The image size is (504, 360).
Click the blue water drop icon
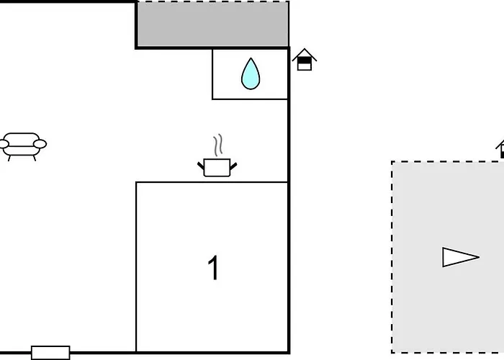[x=251, y=75]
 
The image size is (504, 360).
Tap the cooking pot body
[x=217, y=168]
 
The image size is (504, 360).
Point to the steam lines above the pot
[x=218, y=145]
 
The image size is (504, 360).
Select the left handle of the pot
[x=201, y=166]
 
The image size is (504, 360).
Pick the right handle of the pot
[x=233, y=166]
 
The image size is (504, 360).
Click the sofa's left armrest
[x=4, y=144]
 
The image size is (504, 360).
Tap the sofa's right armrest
[x=40, y=144]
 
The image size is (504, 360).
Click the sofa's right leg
[x=35, y=158]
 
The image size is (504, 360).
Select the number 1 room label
[x=213, y=268]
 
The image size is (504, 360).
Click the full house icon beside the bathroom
[x=305, y=60]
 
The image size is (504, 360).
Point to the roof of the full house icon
[x=305, y=54]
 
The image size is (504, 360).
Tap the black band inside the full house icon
[x=305, y=60]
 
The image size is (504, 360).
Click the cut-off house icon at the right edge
[x=500, y=149]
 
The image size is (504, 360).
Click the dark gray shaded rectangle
[x=213, y=24]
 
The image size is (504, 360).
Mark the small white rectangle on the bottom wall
[x=50, y=353]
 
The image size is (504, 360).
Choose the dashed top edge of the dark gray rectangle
[x=213, y=1]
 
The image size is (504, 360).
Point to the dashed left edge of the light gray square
[x=392, y=257]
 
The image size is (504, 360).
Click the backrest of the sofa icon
[x=22, y=137]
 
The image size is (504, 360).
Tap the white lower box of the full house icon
[x=305, y=67]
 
